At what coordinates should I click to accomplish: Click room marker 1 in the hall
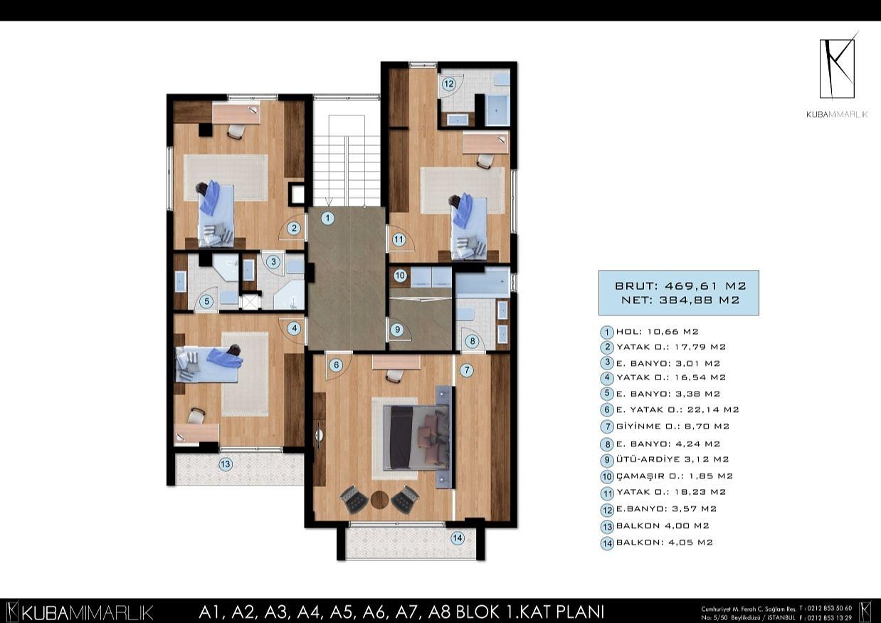(327, 219)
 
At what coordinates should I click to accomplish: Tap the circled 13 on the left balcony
(226, 465)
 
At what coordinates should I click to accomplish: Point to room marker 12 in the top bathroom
(448, 84)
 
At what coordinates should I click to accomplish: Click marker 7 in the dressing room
(466, 370)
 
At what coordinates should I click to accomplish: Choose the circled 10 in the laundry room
(400, 275)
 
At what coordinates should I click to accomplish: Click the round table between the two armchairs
(379, 499)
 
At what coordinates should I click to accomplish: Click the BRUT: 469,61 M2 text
(678, 286)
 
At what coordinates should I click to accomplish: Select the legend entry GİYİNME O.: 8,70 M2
(672, 426)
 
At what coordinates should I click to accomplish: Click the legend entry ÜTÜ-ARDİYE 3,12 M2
(672, 459)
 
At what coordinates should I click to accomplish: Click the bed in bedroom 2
(215, 213)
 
